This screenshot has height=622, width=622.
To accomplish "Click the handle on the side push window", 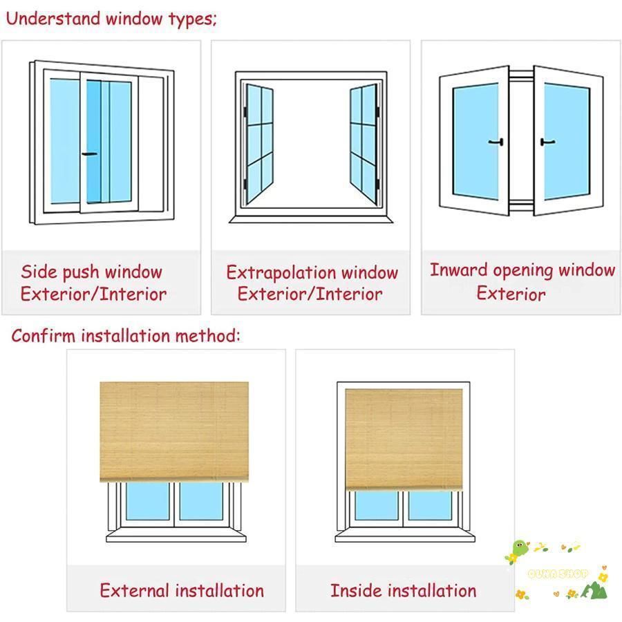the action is click(x=90, y=154).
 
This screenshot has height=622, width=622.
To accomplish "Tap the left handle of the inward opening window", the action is click(x=496, y=142).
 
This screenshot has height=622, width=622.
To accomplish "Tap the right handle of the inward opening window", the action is click(x=547, y=142).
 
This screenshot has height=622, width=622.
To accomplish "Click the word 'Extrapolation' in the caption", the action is click(x=281, y=272).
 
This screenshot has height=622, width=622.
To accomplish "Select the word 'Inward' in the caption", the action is click(x=459, y=270).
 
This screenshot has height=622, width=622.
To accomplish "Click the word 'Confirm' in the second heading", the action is click(x=44, y=336).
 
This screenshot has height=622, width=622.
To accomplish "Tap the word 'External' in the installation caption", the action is click(x=135, y=590).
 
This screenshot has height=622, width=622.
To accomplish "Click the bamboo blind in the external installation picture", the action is click(x=174, y=431).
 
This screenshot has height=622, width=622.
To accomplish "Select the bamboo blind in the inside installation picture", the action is click(x=404, y=440).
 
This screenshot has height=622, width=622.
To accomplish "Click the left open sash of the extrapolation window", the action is click(x=259, y=143).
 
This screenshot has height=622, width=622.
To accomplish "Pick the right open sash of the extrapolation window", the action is click(x=364, y=144).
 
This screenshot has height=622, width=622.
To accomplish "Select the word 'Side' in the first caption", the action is click(x=39, y=272).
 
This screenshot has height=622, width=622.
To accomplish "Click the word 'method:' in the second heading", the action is click(x=207, y=336).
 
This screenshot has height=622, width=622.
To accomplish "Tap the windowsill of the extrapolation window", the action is click(x=311, y=219).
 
